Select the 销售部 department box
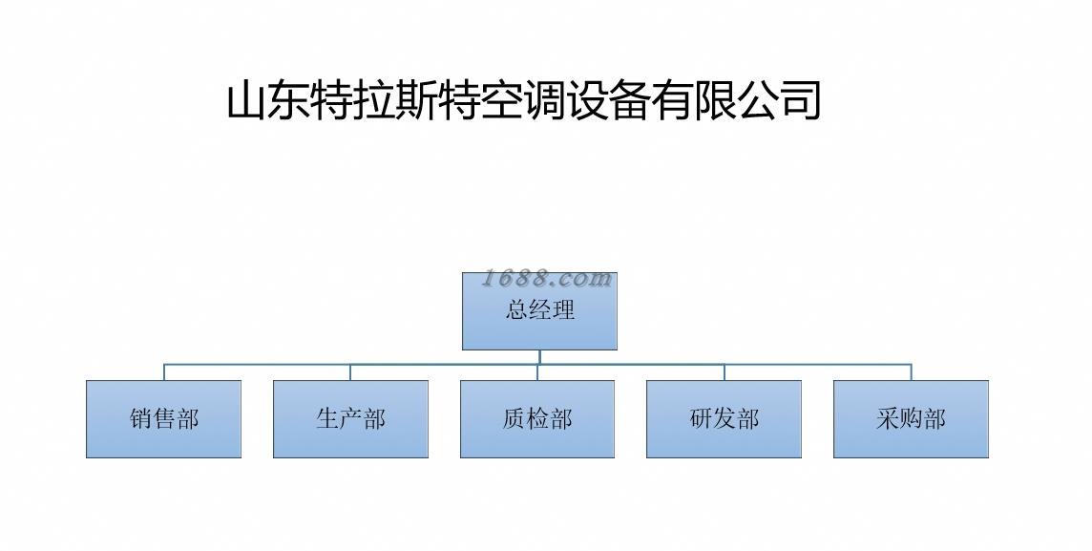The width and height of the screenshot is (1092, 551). [x=163, y=419]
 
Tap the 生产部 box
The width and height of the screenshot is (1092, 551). [x=350, y=419]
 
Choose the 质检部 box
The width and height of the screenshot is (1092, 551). [x=537, y=419]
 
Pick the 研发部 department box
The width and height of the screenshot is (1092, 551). [x=724, y=419]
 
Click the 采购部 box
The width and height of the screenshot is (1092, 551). [x=911, y=419]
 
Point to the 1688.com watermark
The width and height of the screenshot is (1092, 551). [x=546, y=279]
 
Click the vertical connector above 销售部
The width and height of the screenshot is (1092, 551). [x=163, y=372]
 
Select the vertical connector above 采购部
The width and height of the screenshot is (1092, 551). [x=911, y=372]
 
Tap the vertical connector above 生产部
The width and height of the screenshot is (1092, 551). [x=350, y=372]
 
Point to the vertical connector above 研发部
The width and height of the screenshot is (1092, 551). [x=724, y=372]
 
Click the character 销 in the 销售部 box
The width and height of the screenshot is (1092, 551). [x=140, y=419]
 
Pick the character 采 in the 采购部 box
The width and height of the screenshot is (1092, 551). [x=888, y=419]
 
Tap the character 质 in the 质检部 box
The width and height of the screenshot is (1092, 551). [x=514, y=419]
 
